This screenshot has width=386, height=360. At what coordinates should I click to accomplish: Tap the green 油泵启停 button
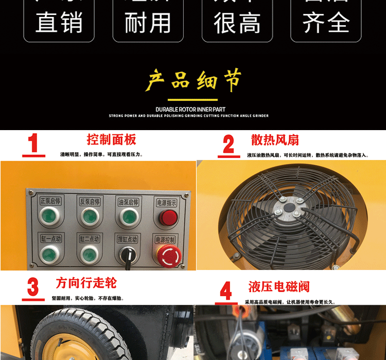click(x=127, y=217)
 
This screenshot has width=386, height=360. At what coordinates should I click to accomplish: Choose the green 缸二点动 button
click(x=89, y=253)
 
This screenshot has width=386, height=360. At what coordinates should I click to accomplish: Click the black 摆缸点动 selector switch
click(x=127, y=254)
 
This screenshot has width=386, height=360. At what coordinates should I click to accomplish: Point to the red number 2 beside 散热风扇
click(x=229, y=145)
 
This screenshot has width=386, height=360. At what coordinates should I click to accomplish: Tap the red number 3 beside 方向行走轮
click(x=33, y=288)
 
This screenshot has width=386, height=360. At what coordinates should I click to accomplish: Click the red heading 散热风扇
click(x=275, y=140)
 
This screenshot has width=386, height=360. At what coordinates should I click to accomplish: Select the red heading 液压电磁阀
click(x=279, y=286)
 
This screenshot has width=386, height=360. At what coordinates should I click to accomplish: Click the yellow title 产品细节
click(x=193, y=81)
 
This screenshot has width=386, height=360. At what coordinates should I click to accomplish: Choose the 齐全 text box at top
click(x=326, y=21)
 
